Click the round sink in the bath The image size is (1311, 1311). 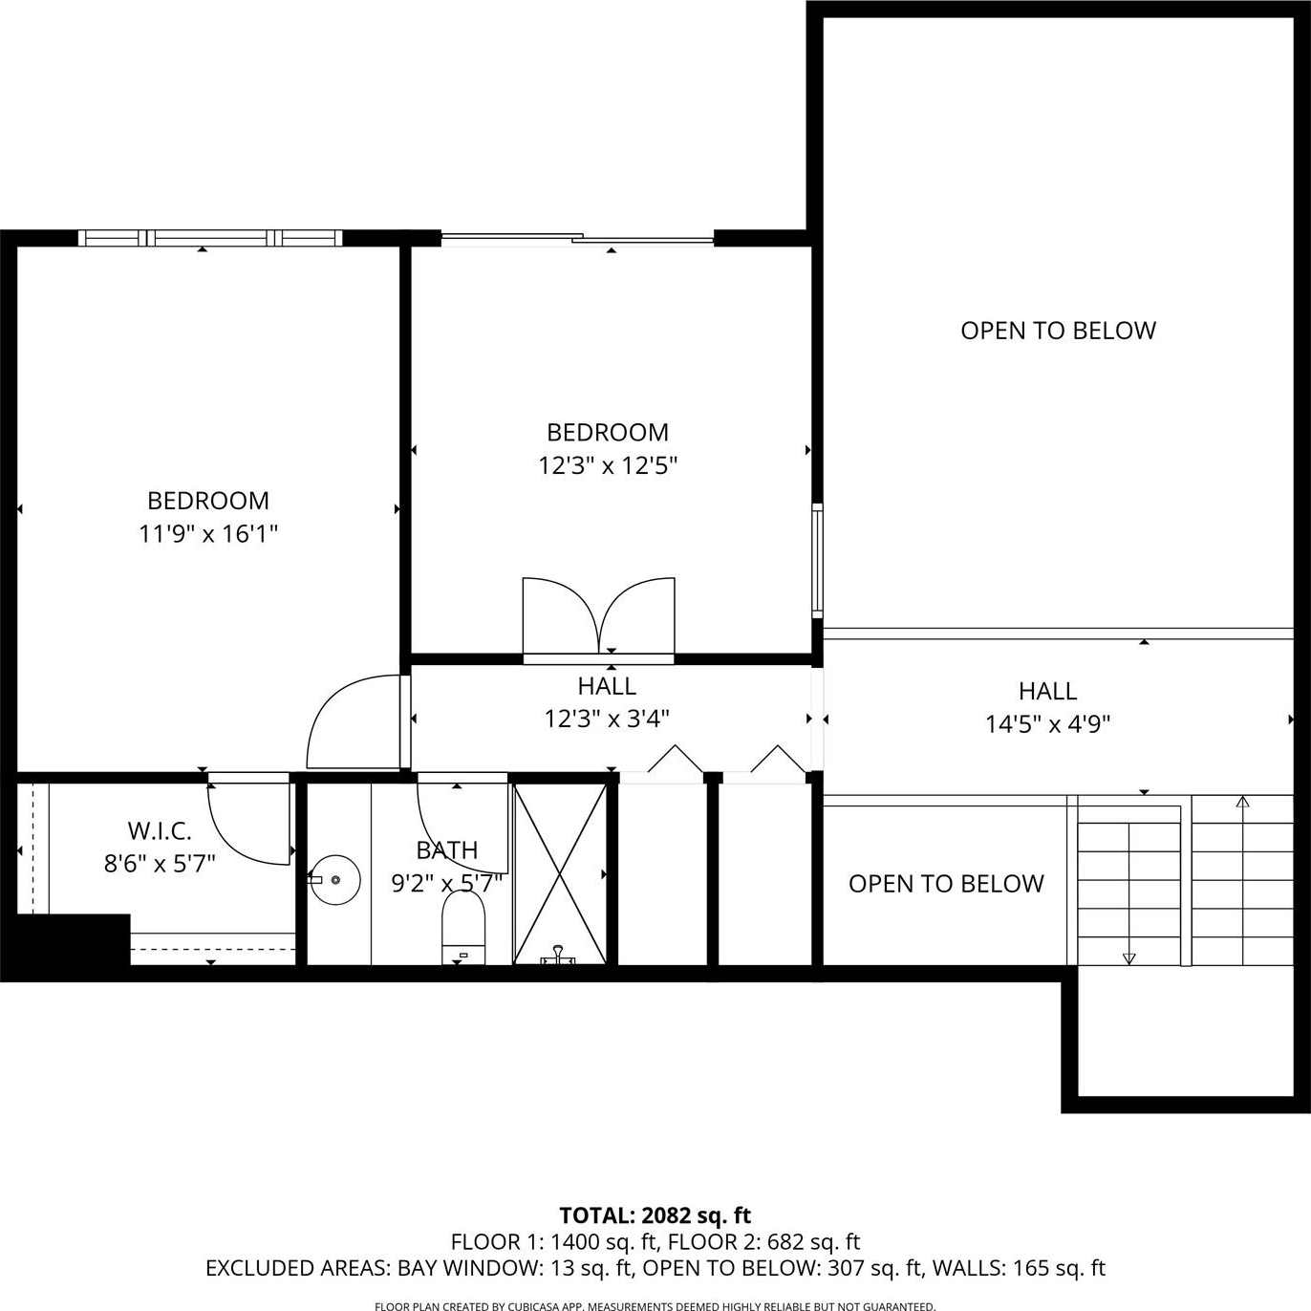pyautogui.click(x=334, y=880)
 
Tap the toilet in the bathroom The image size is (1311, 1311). pyautogui.click(x=463, y=927)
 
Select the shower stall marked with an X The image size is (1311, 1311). pyautogui.click(x=560, y=874)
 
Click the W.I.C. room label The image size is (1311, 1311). pyautogui.click(x=160, y=830)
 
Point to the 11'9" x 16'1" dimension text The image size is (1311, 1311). pyautogui.click(x=208, y=534)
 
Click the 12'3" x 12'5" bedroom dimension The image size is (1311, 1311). pyautogui.click(x=609, y=466)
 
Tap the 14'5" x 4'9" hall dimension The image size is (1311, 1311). pyautogui.click(x=1047, y=724)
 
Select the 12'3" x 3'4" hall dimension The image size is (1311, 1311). pyautogui.click(x=607, y=720)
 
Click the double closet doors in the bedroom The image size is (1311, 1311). pyautogui.click(x=599, y=615)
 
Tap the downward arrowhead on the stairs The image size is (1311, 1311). pyautogui.click(x=1128, y=958)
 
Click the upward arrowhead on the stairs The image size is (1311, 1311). pyautogui.click(x=1243, y=802)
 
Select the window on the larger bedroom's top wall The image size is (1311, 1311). pyautogui.click(x=210, y=237)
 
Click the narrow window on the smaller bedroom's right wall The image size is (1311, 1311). pyautogui.click(x=818, y=561)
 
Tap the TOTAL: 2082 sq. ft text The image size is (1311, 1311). pyautogui.click(x=655, y=1214)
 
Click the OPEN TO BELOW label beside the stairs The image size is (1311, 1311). pyautogui.click(x=946, y=884)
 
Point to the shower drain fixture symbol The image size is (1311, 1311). pyautogui.click(x=558, y=956)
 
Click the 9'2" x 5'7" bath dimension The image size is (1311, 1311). pyautogui.click(x=446, y=884)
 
